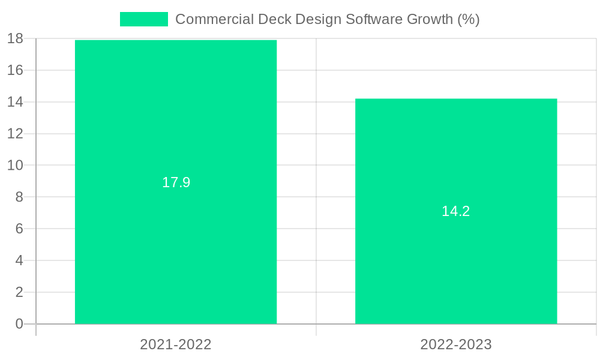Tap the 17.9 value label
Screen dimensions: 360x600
(x=176, y=182)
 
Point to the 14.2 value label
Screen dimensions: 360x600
(x=456, y=211)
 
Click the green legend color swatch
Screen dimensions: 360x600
(x=144, y=19)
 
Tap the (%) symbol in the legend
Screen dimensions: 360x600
(x=468, y=19)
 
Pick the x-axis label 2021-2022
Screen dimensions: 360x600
(x=176, y=344)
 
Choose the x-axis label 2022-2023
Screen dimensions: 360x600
(x=456, y=344)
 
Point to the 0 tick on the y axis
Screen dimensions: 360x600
(x=19, y=324)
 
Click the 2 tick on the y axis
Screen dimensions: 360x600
(x=19, y=292)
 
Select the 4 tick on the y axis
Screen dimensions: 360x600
(x=19, y=260)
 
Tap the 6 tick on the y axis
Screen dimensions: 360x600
(x=19, y=229)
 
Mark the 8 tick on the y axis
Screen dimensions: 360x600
(x=19, y=197)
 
